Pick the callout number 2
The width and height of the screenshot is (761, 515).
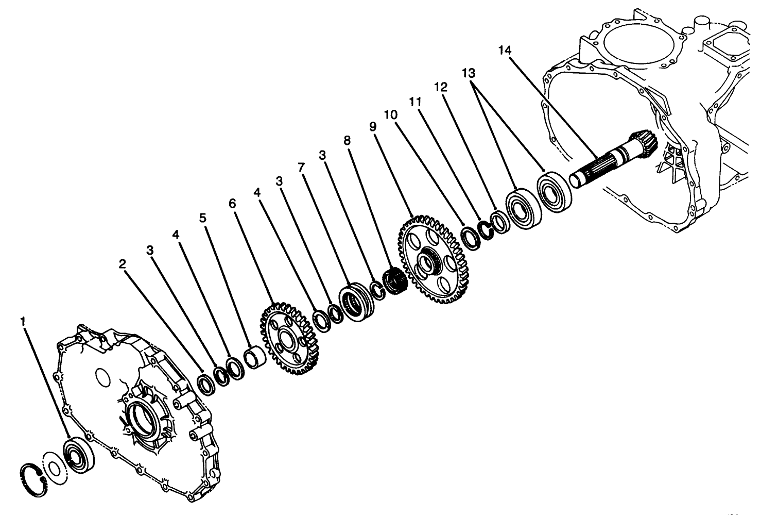pyautogui.click(x=122, y=264)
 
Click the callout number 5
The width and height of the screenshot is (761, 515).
pyautogui.click(x=203, y=218)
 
